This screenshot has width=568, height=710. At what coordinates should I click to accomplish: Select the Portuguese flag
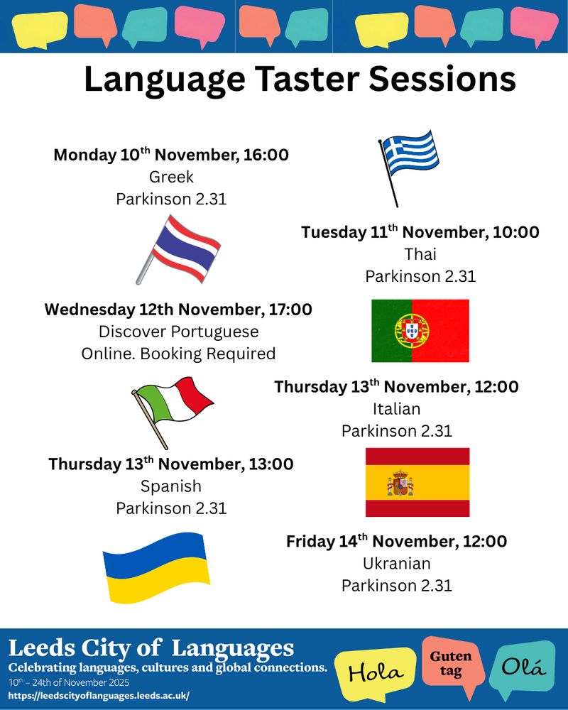[x=420, y=331]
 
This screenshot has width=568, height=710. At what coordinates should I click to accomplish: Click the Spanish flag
[x=417, y=482]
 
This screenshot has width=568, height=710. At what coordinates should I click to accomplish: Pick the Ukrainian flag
[x=156, y=567]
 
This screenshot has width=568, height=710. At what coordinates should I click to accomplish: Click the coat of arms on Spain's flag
[x=400, y=483]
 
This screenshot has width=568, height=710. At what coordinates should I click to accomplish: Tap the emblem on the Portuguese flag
[x=412, y=331]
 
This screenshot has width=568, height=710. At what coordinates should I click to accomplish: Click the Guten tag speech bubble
[x=451, y=663]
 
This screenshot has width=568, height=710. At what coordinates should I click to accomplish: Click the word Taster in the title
[x=307, y=79]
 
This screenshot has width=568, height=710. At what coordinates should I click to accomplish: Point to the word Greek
[x=171, y=177]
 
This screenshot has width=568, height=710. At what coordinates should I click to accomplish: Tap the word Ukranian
[x=397, y=563]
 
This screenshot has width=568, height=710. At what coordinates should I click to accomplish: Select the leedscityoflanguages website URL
[x=99, y=696]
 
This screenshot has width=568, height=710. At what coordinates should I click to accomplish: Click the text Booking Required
[x=208, y=354]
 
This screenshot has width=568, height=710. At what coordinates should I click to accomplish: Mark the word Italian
[x=397, y=409]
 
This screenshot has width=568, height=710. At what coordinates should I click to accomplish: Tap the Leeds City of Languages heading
[x=151, y=648]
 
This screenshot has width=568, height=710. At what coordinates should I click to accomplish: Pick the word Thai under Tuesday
[x=420, y=254]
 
